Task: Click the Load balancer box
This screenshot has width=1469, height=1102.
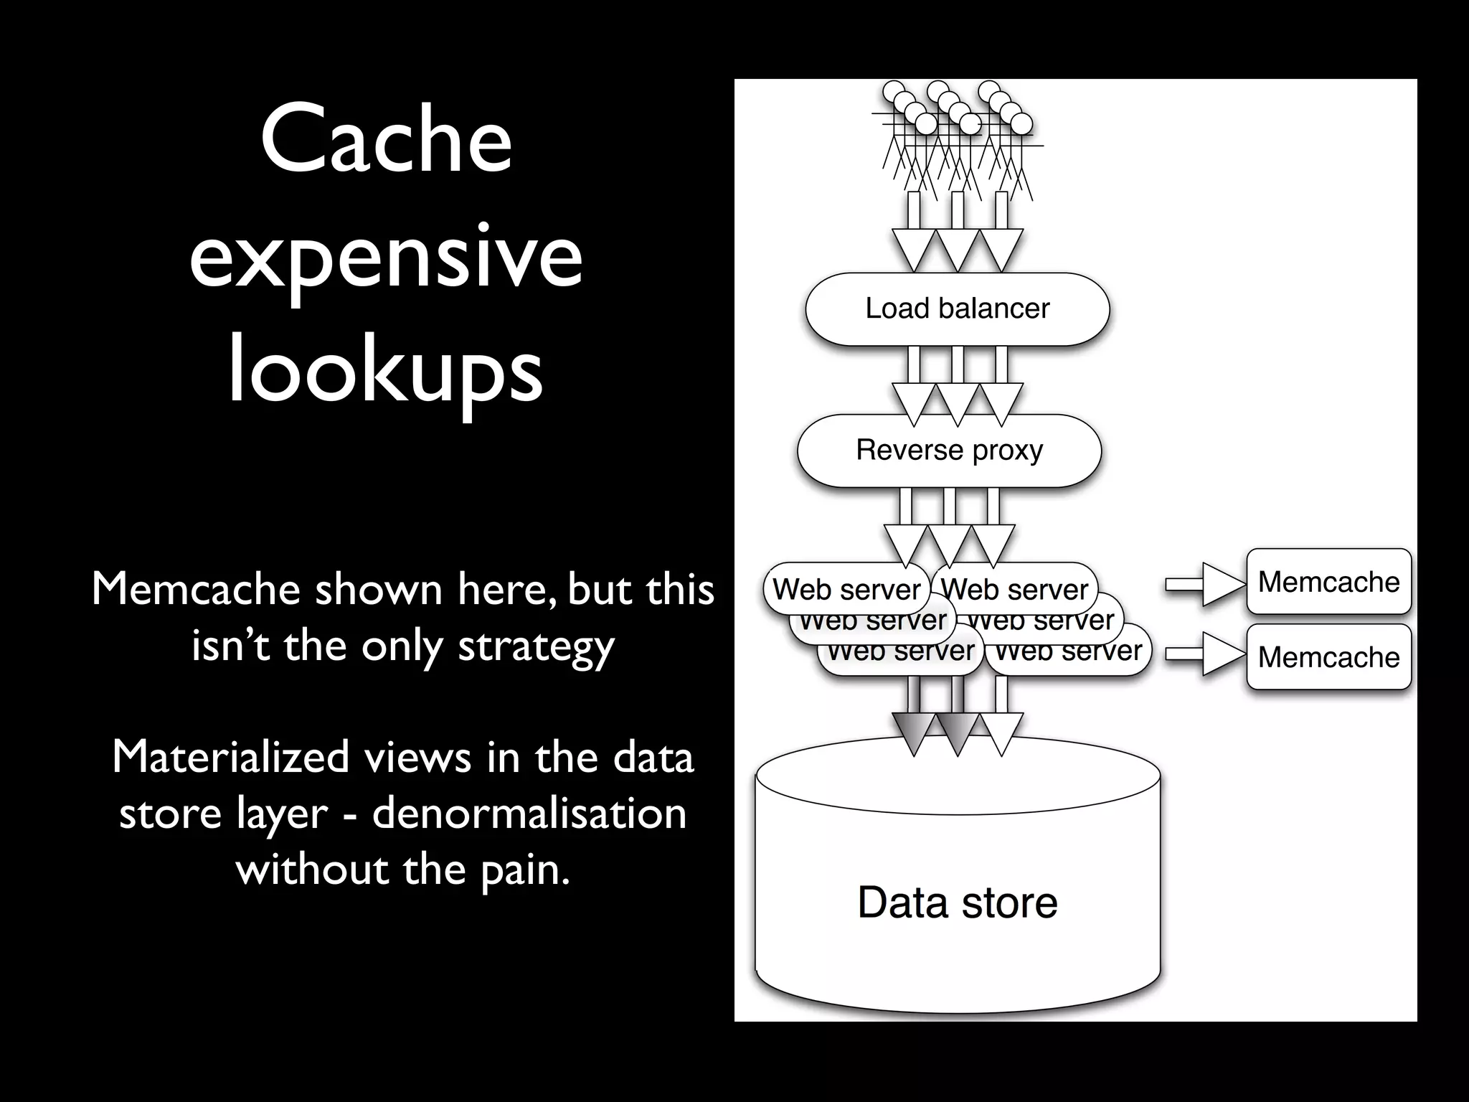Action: pos(957,309)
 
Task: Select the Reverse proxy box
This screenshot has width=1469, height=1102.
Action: pos(949,451)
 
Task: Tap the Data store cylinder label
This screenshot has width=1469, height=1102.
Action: pos(957,902)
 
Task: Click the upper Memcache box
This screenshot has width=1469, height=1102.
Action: pos(1328,582)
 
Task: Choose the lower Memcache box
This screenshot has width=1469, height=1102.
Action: pos(1328,657)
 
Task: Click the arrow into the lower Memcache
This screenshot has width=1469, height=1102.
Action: pos(1205,654)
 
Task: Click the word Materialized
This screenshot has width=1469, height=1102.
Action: pos(230,757)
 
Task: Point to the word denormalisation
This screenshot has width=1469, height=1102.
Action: pos(529,813)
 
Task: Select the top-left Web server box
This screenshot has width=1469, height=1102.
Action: pos(846,590)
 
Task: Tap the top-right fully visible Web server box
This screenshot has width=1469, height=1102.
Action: pos(1014,590)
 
